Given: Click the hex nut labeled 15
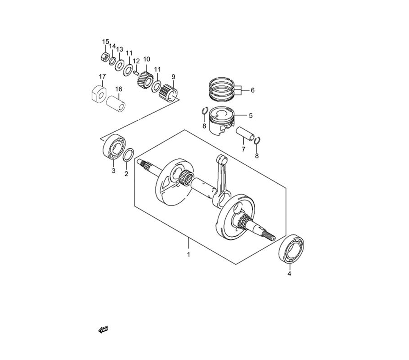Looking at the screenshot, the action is pos(105,56).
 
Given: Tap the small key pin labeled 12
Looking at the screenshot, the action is pos(136,72).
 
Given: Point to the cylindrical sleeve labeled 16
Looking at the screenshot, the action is pos(116,103).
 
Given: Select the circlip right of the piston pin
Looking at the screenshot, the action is pos(257,140).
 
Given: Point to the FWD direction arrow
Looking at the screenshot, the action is pos(103,329).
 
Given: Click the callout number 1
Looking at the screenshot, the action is pos(189,254).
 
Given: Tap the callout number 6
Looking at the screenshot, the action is pos(252,90).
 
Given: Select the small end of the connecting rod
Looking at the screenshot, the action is pos(222,159).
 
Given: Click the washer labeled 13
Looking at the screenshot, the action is pos(120,65).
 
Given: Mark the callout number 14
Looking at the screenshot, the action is pos(112,46).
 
